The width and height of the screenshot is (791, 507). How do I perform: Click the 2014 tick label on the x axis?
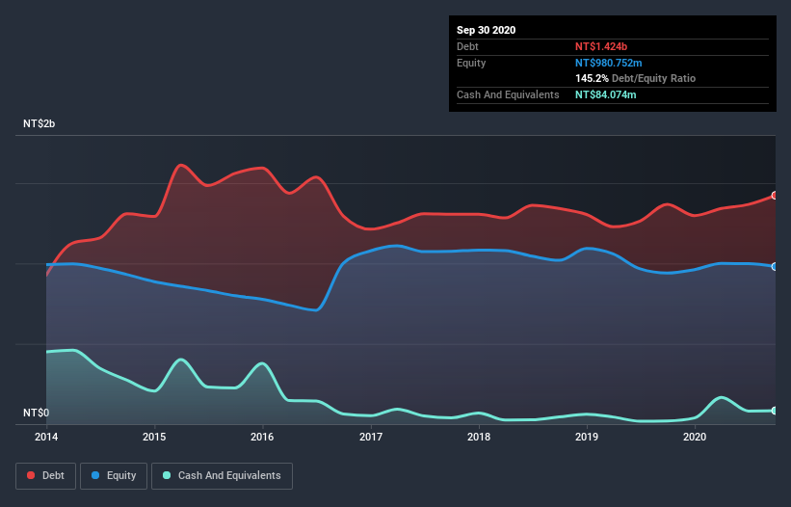(x=46, y=437)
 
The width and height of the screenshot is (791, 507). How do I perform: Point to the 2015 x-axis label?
(x=154, y=437)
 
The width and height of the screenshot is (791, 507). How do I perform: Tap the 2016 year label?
(x=262, y=437)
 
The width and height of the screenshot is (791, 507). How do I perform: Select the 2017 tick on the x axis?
(x=371, y=437)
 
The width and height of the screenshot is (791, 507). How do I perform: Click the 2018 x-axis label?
(x=479, y=437)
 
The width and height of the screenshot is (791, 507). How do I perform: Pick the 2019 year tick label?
(x=587, y=437)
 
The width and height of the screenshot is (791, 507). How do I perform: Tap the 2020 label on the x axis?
(x=695, y=437)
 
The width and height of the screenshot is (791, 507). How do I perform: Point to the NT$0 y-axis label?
(x=36, y=414)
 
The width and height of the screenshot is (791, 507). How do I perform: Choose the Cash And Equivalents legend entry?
(x=222, y=475)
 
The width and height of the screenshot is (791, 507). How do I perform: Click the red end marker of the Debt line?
(x=775, y=196)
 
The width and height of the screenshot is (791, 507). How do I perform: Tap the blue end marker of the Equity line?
(x=775, y=266)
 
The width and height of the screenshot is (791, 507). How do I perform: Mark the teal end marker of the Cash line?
(x=775, y=411)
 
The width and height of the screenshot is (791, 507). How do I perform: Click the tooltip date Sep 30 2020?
(x=487, y=30)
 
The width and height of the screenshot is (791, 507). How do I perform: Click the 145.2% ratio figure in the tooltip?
(x=592, y=78)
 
